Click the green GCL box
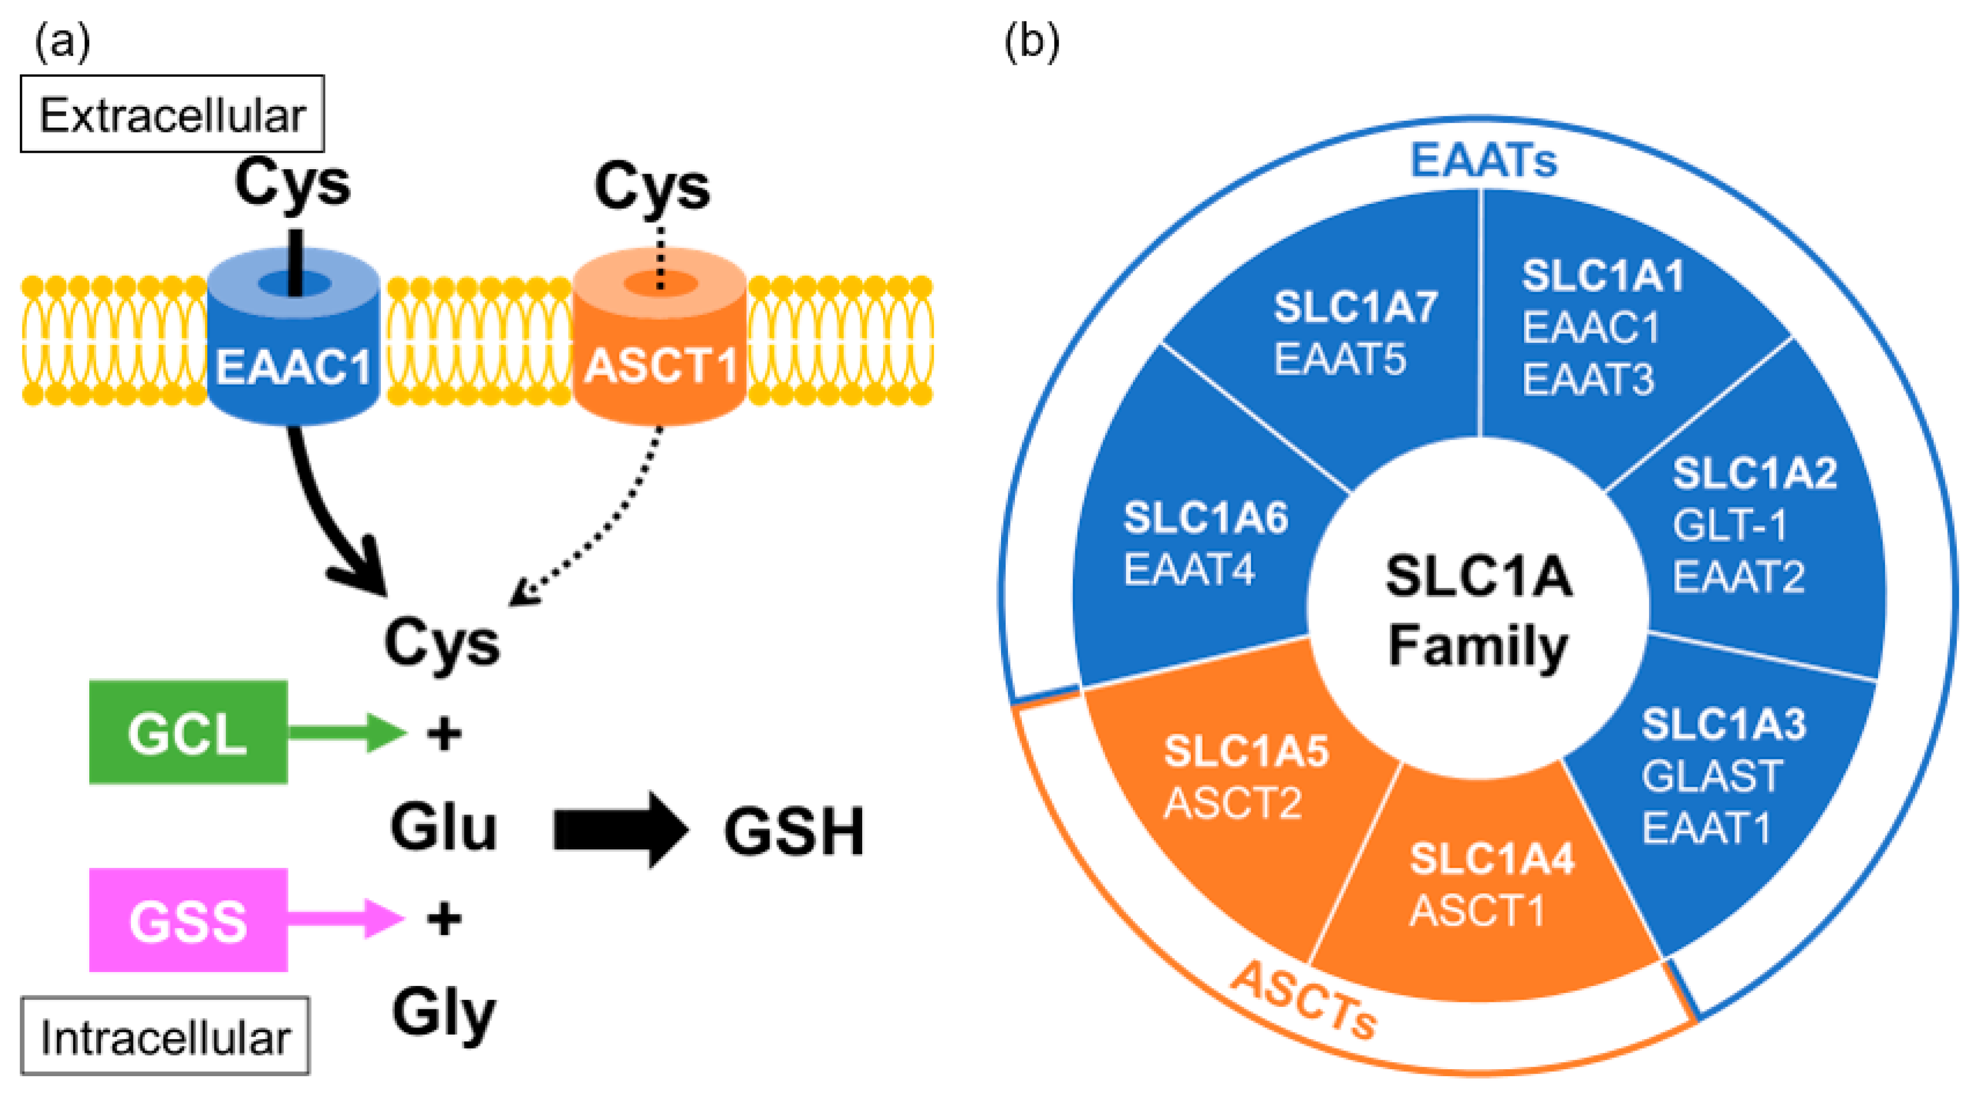(x=188, y=732)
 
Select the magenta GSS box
(x=188, y=919)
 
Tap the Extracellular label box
(x=172, y=114)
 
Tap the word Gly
(x=443, y=1013)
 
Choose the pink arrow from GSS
(x=346, y=918)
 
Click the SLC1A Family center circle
(x=1478, y=610)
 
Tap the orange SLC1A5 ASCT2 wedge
(x=1236, y=790)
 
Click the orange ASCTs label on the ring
(x=1304, y=1001)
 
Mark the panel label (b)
(x=1032, y=42)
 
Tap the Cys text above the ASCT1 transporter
(x=652, y=186)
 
